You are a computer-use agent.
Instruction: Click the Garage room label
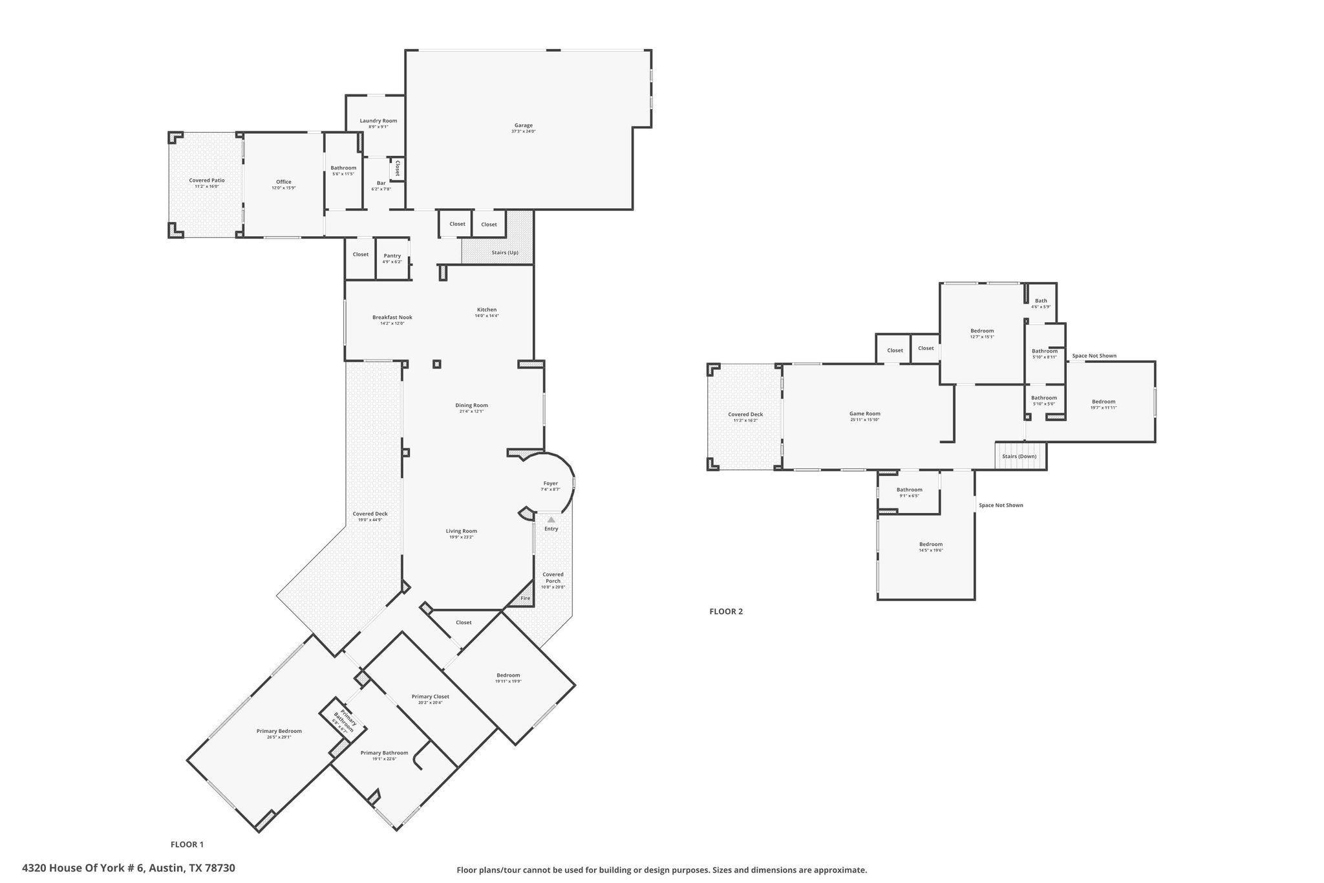pyautogui.click(x=524, y=125)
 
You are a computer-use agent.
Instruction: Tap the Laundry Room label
pyautogui.click(x=378, y=121)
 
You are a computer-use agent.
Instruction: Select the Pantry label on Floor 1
pyautogui.click(x=392, y=256)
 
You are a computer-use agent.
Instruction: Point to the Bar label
pyautogui.click(x=381, y=183)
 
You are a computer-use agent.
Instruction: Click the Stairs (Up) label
pyautogui.click(x=505, y=252)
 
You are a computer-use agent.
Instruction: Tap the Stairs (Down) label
pyautogui.click(x=1020, y=456)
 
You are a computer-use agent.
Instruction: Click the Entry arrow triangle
pyautogui.click(x=551, y=519)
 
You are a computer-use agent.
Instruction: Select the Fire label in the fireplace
pyautogui.click(x=526, y=598)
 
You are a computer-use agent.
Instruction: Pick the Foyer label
pyautogui.click(x=550, y=483)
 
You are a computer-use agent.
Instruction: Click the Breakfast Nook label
pyautogui.click(x=392, y=317)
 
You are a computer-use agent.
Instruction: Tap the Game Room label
pyautogui.click(x=865, y=414)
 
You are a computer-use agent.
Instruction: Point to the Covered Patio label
pyautogui.click(x=207, y=180)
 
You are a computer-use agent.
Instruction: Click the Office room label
pyautogui.click(x=284, y=182)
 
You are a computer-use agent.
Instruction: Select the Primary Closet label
pyautogui.click(x=431, y=697)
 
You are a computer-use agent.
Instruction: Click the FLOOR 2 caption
pyautogui.click(x=726, y=611)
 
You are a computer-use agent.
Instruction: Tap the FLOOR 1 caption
pyautogui.click(x=187, y=844)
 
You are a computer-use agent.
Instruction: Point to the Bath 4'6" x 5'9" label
pyautogui.click(x=1041, y=303)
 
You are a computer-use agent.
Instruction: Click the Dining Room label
pyautogui.click(x=472, y=406)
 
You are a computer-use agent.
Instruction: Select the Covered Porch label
pyautogui.click(x=553, y=578)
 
